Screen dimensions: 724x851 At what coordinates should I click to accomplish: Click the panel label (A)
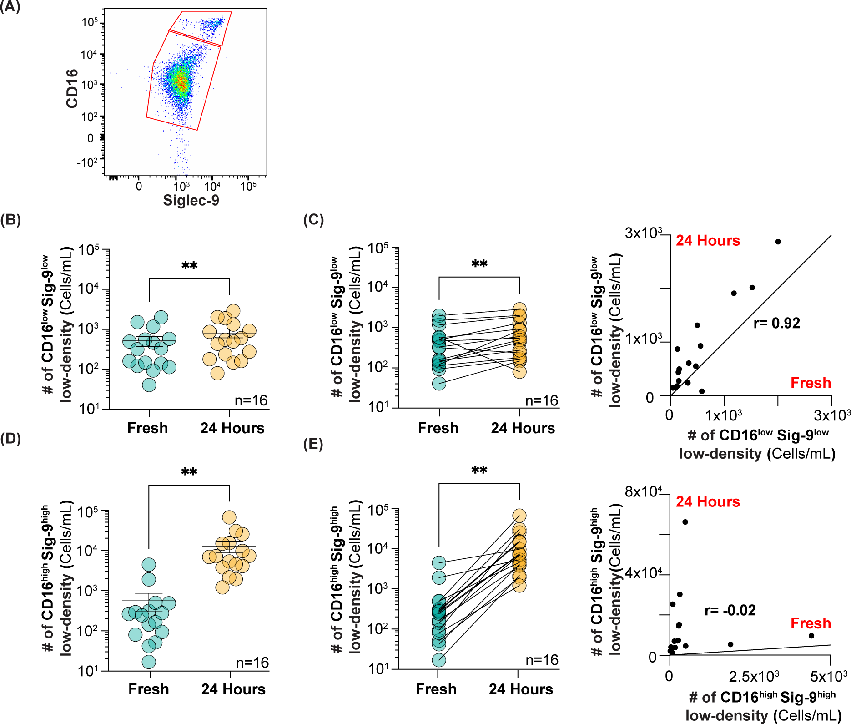[x=10, y=8]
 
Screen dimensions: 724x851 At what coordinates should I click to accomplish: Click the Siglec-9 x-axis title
[x=191, y=200]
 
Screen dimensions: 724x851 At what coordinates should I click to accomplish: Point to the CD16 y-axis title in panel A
[x=72, y=89]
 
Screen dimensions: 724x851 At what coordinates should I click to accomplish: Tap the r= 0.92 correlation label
[x=776, y=323]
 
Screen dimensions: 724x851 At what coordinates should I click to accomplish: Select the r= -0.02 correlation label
[x=730, y=610]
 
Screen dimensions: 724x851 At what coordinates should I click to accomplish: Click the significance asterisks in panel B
[x=189, y=266]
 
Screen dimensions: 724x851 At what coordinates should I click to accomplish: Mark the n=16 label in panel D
[x=252, y=663]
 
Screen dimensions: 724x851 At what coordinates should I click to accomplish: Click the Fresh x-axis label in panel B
[x=148, y=428]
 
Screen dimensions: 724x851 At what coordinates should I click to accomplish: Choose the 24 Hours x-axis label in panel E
[x=521, y=689]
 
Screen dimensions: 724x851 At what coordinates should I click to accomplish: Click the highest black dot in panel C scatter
[x=778, y=242]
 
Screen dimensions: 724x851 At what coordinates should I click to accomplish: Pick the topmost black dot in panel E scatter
[x=685, y=522]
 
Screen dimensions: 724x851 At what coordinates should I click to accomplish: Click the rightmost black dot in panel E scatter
[x=811, y=636]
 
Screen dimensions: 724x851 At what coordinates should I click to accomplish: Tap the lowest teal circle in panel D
[x=149, y=662]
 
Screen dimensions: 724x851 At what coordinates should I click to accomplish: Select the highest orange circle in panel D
[x=229, y=517]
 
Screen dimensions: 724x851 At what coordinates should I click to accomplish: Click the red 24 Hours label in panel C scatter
[x=708, y=241]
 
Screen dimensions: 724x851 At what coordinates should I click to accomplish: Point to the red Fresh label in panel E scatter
[x=811, y=623]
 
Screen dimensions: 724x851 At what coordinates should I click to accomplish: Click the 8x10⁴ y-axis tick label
[x=643, y=492]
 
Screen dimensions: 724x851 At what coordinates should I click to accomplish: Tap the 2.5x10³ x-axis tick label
[x=754, y=677]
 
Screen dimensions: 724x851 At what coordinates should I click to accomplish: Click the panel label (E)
[x=313, y=445]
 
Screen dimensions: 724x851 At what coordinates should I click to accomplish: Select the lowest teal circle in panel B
[x=149, y=385]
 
